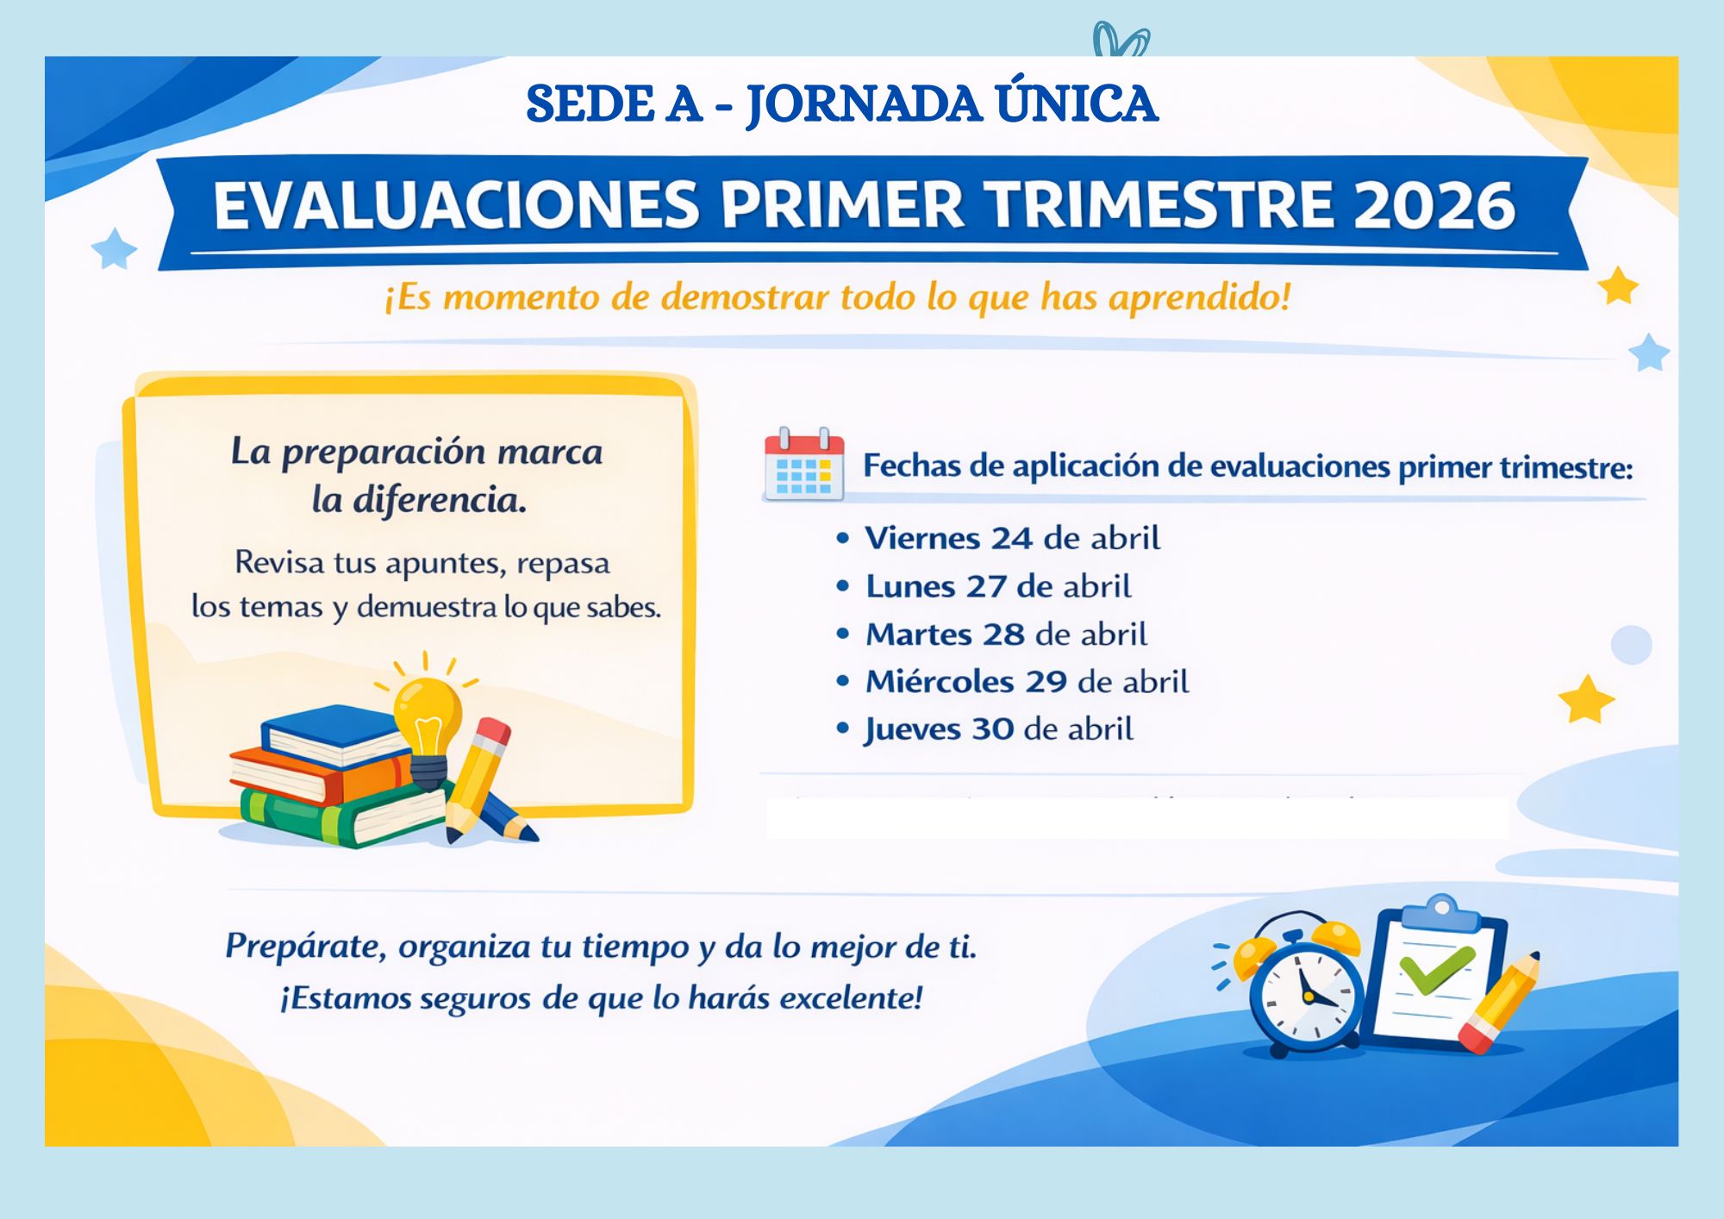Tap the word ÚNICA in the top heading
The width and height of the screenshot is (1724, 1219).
tap(1077, 104)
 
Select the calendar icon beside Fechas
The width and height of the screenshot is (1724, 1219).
tap(803, 464)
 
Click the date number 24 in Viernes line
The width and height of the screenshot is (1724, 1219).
tap(1011, 539)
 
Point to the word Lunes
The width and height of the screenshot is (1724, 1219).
tap(910, 587)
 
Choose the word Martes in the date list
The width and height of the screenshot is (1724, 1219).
tap(919, 635)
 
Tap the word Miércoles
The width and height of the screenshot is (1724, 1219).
tap(939, 682)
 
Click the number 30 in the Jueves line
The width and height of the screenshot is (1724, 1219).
tap(993, 729)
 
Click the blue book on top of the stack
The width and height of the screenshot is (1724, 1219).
tap(332, 733)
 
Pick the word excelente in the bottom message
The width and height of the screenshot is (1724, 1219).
tap(851, 998)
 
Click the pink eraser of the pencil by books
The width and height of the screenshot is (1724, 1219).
tap(493, 734)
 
